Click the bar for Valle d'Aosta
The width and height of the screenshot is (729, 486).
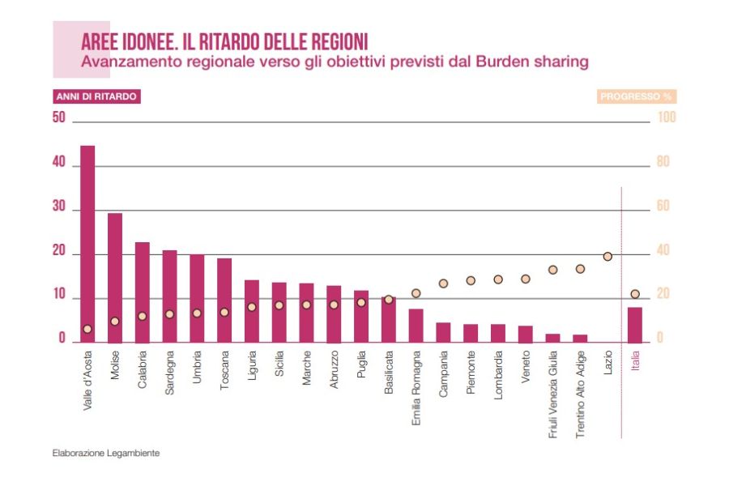tap(87, 243)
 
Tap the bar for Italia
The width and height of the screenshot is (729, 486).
tap(635, 324)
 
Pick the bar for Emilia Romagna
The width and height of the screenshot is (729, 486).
tap(416, 325)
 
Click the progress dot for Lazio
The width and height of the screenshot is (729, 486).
tap(607, 256)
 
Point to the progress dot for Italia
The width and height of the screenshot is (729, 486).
tap(635, 294)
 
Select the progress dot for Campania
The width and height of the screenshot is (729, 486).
tap(443, 283)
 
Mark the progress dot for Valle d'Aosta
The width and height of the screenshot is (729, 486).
tap(87, 329)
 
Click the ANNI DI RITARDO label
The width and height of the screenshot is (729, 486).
tap(96, 96)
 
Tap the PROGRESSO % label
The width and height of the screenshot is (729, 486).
tap(636, 96)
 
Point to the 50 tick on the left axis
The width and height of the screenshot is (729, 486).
tap(58, 117)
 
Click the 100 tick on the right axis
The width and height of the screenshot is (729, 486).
tap(667, 117)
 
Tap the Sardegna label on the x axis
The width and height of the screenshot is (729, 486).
tap(169, 373)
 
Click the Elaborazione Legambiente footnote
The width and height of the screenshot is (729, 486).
tap(106, 453)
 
